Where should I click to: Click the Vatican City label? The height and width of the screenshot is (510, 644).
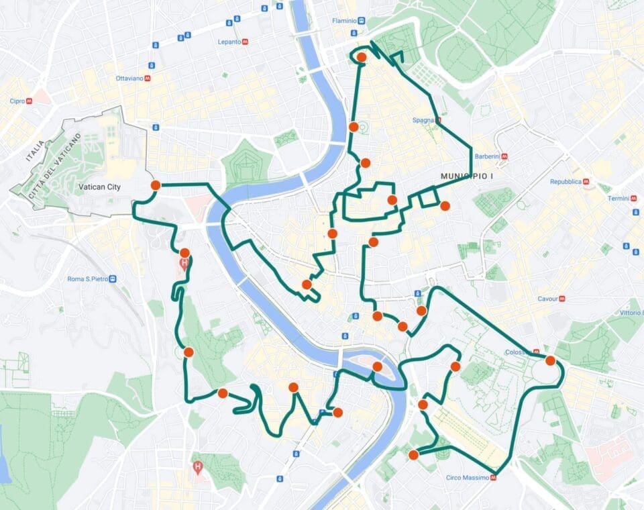tap(99, 187)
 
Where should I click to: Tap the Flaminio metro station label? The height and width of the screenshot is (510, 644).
tap(344, 21)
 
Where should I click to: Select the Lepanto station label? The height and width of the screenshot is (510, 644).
tap(229, 42)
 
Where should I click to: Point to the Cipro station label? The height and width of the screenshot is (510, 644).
tap(17, 101)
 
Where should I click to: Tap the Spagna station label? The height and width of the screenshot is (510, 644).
tap(423, 121)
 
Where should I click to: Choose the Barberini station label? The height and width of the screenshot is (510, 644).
tap(486, 156)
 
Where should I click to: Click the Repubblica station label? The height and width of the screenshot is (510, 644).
tap(565, 182)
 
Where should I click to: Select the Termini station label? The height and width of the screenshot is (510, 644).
tap(618, 199)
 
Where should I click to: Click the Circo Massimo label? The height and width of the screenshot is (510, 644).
tap(467, 478)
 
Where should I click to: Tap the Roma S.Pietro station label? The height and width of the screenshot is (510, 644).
tap(87, 278)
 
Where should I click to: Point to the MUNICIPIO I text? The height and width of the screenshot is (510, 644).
tap(466, 176)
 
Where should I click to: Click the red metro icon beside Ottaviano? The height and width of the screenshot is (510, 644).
tap(148, 79)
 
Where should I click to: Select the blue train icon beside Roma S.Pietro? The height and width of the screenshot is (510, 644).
tap(113, 278)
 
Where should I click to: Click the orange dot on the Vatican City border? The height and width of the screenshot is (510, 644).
tap(155, 185)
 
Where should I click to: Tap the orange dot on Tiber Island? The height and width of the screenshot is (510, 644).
tap(377, 366)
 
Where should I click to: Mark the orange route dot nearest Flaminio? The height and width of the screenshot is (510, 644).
tap(362, 58)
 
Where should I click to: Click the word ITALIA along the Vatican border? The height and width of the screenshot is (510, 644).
tap(34, 152)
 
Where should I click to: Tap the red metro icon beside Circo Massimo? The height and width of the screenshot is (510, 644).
tap(494, 478)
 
